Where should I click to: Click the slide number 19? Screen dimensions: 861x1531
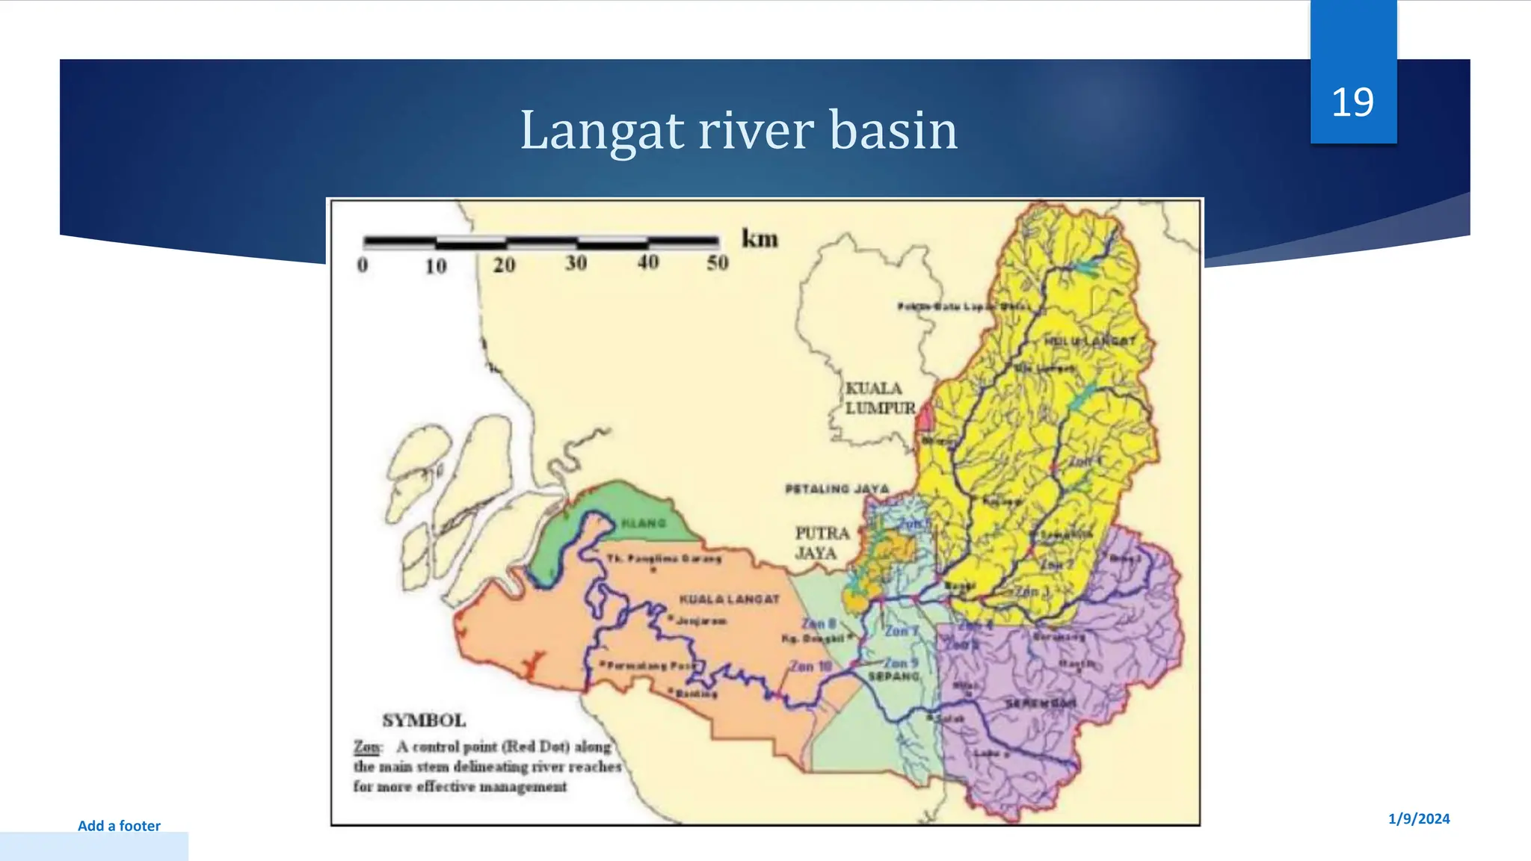coord(1352,102)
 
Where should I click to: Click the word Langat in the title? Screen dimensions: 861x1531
coord(602,131)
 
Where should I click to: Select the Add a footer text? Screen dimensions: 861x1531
coord(119,826)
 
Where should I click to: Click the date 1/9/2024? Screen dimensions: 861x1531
coord(1418,818)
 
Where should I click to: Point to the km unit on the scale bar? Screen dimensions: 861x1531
coord(759,239)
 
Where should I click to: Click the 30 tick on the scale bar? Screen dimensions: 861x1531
coord(576,263)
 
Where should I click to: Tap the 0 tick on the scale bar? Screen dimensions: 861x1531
coord(363,265)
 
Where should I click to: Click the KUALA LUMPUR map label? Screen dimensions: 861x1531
coord(879,398)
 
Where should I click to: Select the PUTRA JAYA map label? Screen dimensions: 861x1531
coord(821,543)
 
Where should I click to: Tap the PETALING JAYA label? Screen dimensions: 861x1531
coord(837,489)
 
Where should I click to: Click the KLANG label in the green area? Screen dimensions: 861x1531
coord(643,523)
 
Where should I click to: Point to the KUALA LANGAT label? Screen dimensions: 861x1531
coord(729,599)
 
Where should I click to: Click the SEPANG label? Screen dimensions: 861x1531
coord(893,676)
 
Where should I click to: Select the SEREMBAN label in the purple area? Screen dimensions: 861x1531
coord(1041,704)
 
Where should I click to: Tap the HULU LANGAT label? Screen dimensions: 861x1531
coord(1089,341)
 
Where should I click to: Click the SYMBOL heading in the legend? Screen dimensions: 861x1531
coord(424,720)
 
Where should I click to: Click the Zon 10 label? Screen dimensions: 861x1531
coord(810,666)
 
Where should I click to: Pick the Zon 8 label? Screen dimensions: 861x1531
coord(819,623)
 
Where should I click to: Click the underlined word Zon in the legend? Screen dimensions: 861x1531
coord(366,747)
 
